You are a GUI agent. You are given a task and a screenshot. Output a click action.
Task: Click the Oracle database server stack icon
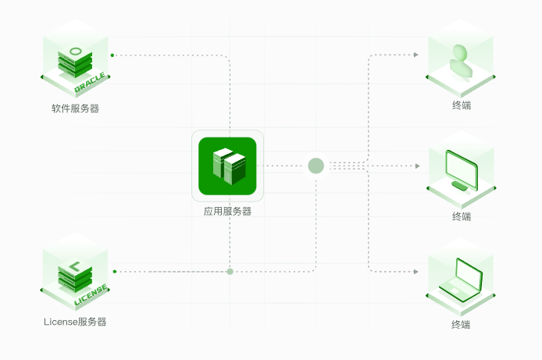point(75,62)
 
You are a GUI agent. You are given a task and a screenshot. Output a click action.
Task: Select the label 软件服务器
point(76,109)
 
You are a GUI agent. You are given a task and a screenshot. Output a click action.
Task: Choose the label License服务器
point(75,322)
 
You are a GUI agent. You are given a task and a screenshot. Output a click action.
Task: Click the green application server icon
point(227,166)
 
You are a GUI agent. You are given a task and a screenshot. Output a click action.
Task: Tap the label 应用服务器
point(227,211)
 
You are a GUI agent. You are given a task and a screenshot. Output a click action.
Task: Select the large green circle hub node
point(316,166)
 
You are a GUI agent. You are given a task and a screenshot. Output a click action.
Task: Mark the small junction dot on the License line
point(230,272)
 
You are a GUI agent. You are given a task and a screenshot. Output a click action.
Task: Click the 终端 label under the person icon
point(462,105)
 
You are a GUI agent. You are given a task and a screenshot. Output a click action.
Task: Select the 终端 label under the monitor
point(462,216)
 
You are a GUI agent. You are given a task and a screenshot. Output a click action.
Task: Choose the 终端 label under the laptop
point(462,324)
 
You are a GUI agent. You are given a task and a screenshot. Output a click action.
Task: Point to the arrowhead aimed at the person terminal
point(416,55)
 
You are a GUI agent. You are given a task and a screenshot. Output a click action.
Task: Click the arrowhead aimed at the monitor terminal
point(417,166)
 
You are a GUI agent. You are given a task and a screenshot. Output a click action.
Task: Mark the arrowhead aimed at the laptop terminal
point(416,272)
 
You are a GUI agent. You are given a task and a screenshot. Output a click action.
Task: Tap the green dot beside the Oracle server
point(112,55)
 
